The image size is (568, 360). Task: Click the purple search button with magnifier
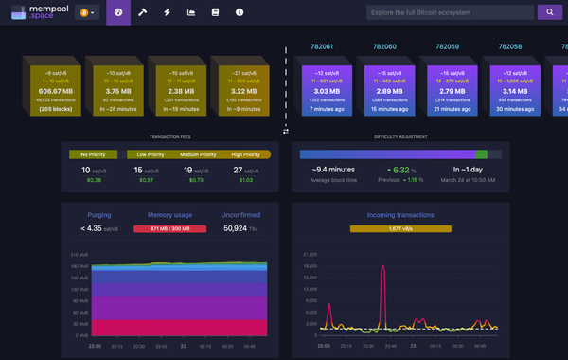click(x=549, y=12)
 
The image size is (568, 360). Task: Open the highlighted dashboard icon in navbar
click(x=118, y=13)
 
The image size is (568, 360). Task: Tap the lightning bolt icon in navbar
click(x=167, y=13)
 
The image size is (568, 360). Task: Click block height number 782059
click(x=445, y=46)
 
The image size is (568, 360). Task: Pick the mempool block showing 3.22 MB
click(x=238, y=90)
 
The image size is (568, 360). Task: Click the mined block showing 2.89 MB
click(x=392, y=90)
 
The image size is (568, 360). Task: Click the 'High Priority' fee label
click(x=245, y=153)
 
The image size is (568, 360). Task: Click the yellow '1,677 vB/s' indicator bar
click(x=400, y=228)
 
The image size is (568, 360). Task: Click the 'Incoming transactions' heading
click(x=400, y=215)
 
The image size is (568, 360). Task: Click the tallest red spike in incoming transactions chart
click(x=383, y=268)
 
